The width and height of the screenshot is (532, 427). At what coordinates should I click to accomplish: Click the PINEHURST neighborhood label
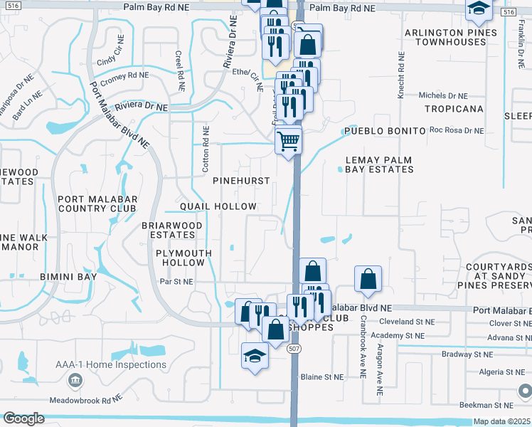coord(241,181)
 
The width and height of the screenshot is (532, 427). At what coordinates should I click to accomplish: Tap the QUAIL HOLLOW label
coord(218,206)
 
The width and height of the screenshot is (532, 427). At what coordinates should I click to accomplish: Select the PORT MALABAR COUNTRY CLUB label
coord(97,204)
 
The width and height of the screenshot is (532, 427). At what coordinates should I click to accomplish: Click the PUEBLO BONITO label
coord(384,132)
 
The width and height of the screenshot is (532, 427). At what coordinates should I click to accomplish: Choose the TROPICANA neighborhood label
coord(453,109)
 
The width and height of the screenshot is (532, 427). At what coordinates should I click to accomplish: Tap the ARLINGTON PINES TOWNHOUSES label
coord(445,38)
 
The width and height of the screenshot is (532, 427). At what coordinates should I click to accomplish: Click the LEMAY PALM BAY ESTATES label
coord(379,164)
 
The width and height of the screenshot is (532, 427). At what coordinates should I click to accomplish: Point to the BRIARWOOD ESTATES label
coord(172,229)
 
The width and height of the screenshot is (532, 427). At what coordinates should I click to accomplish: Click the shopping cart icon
coord(288,140)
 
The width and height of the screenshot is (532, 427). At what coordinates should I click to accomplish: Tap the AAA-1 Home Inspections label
coord(111,364)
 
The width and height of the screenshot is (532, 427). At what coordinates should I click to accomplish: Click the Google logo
coord(23,418)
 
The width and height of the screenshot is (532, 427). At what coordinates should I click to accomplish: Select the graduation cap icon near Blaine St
coord(254,355)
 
